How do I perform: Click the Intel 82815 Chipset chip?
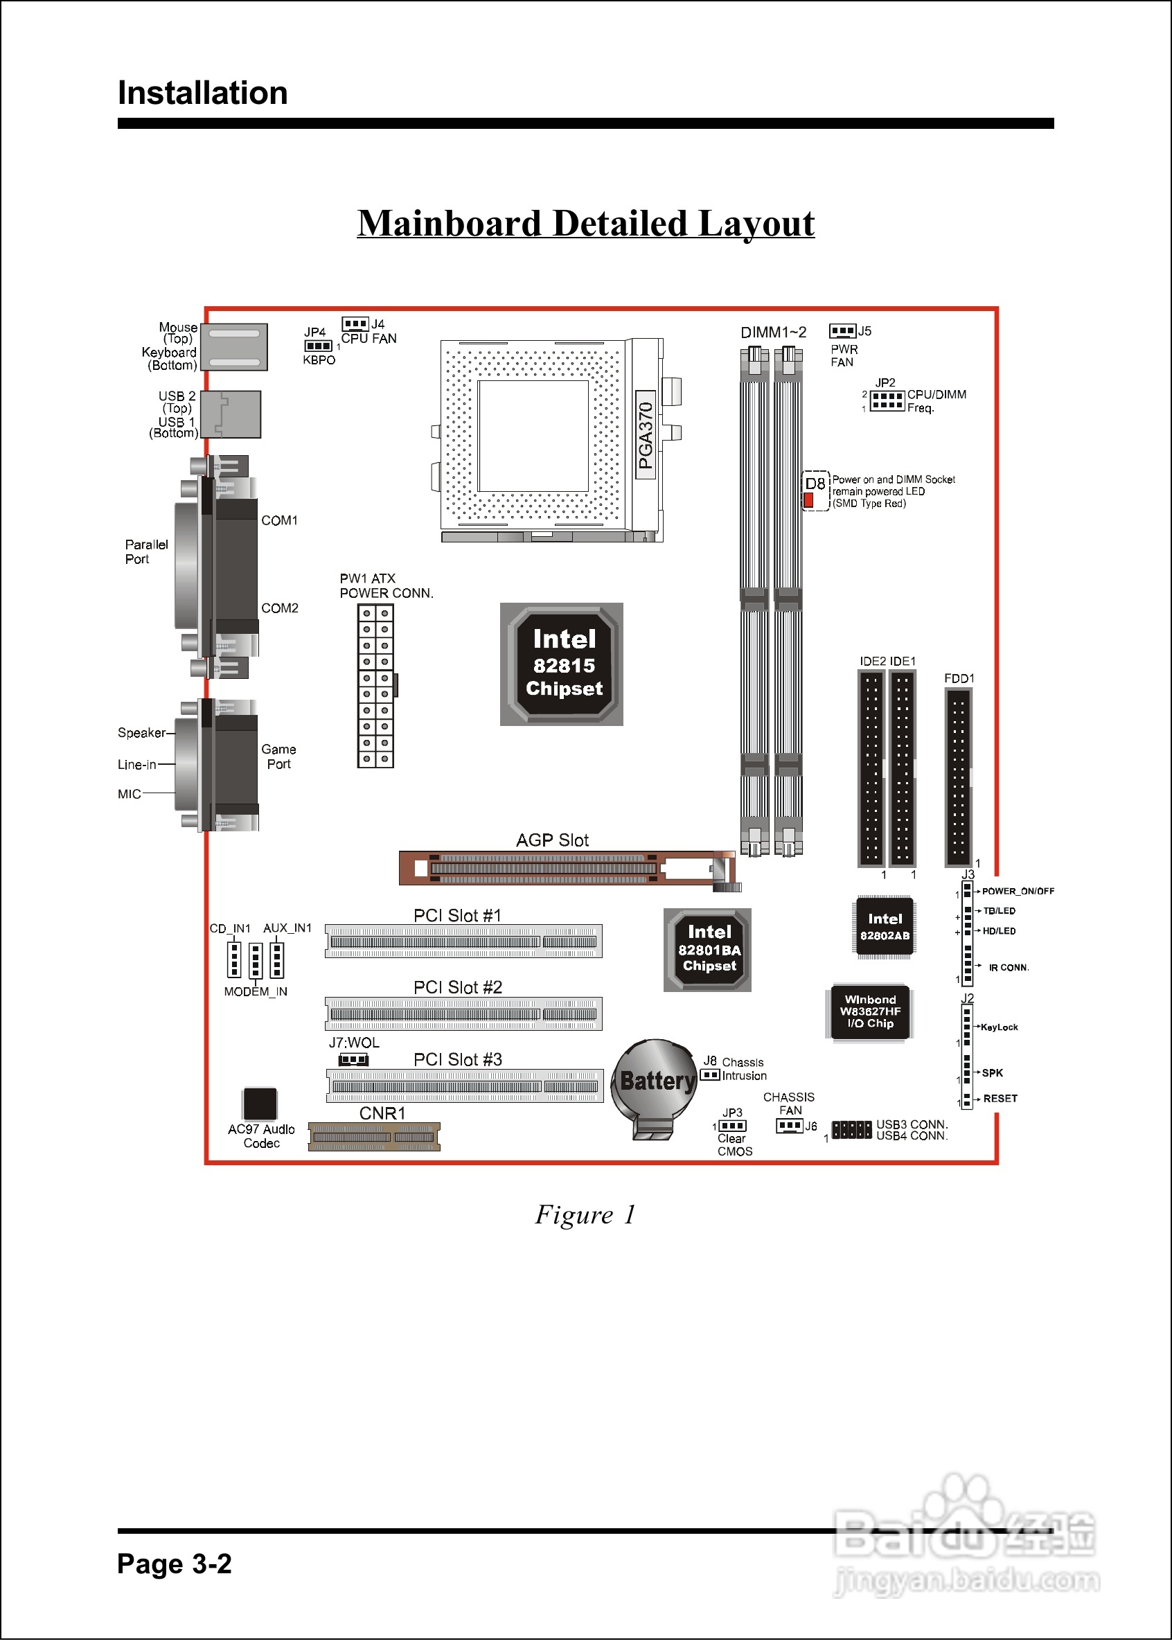562,664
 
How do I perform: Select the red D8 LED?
809,499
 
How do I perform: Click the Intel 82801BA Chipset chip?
707,950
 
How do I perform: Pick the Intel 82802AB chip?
885,928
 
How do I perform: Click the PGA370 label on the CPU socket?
645,435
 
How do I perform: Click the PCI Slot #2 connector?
463,1014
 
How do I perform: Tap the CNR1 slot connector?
374,1137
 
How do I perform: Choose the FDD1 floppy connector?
959,777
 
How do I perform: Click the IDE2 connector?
871,768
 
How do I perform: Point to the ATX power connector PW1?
375,686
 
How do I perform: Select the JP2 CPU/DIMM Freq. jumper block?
887,400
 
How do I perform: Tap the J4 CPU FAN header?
355,324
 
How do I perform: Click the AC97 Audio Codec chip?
260,1104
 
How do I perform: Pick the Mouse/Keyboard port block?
234,347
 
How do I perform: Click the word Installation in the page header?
203,92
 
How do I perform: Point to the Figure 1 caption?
585,1214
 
